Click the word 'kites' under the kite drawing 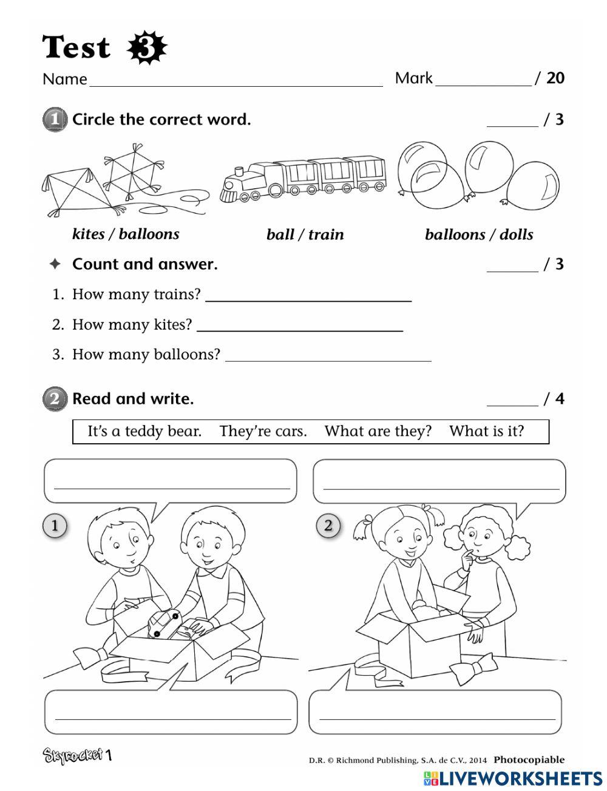pos(87,234)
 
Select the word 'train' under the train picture pos(326,235)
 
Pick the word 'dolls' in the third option pos(516,235)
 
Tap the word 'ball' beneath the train pos(280,235)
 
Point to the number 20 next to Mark pos(555,78)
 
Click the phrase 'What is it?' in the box pos(486,432)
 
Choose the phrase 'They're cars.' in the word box pos(263,432)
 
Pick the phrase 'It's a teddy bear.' pos(144,432)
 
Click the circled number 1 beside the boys pos(55,525)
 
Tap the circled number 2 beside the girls pos(328,525)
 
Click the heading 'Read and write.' pos(133,399)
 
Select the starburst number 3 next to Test pos(146,48)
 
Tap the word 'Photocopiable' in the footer pos(529,759)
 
